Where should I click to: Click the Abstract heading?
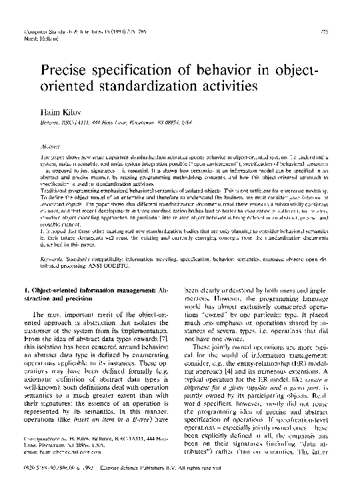52,143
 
